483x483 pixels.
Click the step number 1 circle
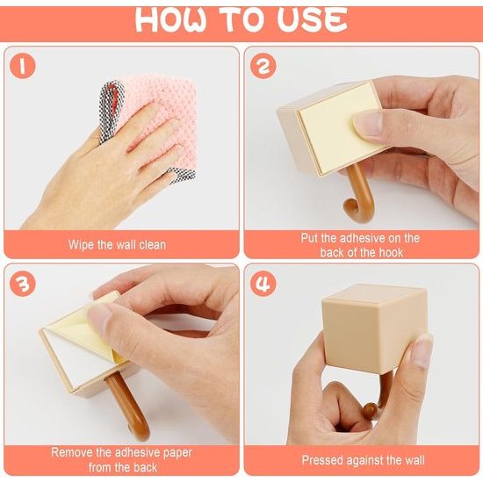(x=22, y=66)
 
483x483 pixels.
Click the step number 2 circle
(x=263, y=66)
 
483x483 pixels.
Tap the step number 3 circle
(x=22, y=284)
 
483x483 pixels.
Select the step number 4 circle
(x=263, y=284)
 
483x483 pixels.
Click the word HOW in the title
(x=171, y=19)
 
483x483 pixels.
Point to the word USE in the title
(x=312, y=19)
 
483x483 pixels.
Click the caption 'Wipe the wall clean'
(x=117, y=245)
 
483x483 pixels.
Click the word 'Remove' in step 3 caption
(x=71, y=452)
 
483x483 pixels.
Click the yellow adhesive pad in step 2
(x=335, y=126)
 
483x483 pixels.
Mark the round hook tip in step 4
(x=370, y=410)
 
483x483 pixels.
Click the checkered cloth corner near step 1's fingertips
(x=183, y=175)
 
